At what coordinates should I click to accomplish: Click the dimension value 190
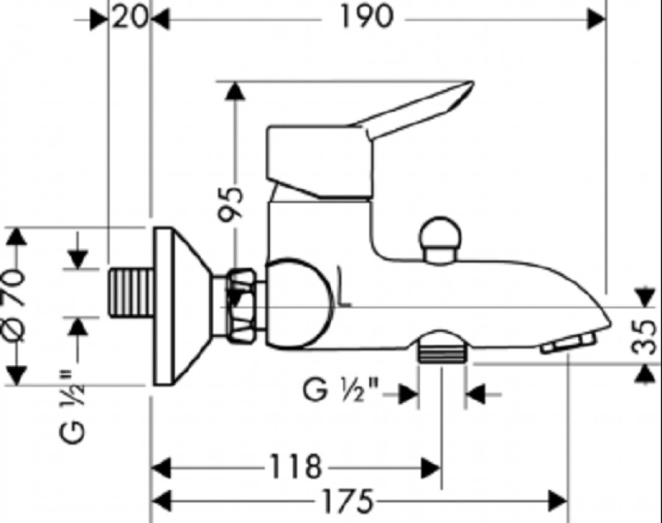(366, 18)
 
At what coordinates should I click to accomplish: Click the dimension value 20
(130, 18)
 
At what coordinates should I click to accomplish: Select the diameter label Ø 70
(15, 307)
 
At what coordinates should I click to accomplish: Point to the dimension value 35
(644, 336)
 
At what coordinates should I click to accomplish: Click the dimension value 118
(296, 467)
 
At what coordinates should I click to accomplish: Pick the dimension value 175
(347, 502)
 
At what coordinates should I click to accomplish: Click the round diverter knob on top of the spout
(440, 241)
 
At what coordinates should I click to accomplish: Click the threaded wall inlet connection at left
(132, 292)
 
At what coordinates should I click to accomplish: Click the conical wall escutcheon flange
(182, 307)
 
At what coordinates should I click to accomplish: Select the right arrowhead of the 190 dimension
(596, 19)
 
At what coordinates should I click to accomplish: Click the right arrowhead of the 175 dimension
(558, 502)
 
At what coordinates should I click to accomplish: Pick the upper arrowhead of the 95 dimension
(235, 91)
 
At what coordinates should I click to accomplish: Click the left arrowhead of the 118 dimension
(161, 468)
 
